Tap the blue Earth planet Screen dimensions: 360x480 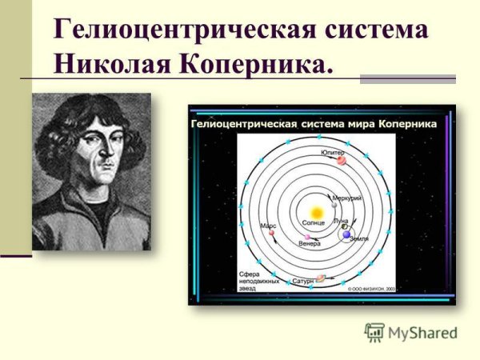coord(347,235)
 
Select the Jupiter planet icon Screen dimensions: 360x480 coord(342,160)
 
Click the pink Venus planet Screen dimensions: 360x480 coord(306,237)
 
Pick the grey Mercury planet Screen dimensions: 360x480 coord(335,205)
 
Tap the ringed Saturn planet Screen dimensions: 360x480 coord(320,279)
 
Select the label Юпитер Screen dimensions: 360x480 coord(332,150)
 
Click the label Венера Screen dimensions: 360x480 coord(310,244)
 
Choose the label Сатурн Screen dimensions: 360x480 coord(303,282)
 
